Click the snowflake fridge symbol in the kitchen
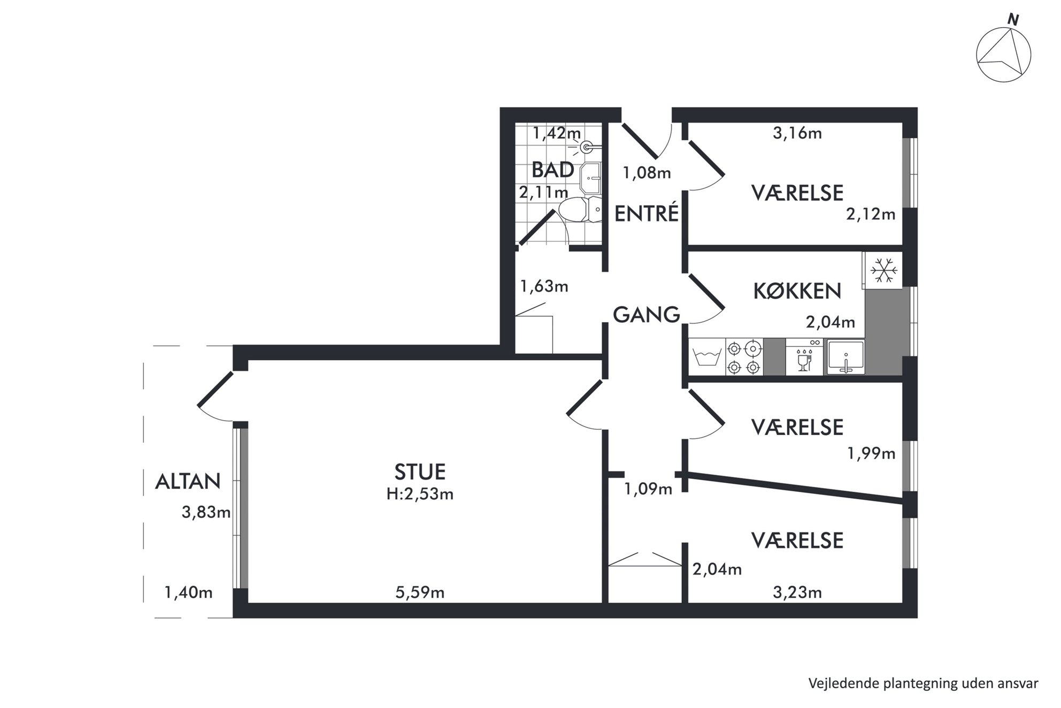coord(883,270)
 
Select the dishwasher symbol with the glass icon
coord(804,357)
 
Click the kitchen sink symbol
coord(845,357)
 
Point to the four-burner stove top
coord(744,357)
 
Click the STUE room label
coord(420,471)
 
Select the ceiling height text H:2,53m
coord(420,494)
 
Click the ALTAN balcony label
coord(188,482)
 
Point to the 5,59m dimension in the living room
coord(420,592)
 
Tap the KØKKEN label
coord(797,291)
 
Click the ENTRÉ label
coord(647,214)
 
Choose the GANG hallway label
coord(646,315)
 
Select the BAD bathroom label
coord(552,170)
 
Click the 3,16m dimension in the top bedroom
coord(797,133)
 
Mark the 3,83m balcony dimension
coord(206,512)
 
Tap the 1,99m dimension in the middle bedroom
coord(871,453)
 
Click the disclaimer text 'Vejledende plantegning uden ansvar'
coord(923,683)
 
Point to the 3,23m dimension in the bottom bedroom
coord(797,592)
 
